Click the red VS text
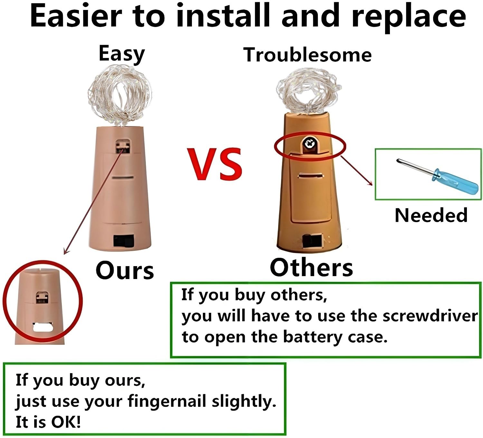(x=215, y=164)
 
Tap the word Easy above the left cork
(x=122, y=54)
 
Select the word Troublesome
(x=308, y=55)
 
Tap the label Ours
(x=125, y=271)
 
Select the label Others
(x=311, y=268)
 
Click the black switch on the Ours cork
(x=124, y=241)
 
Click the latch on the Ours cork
(x=123, y=147)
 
